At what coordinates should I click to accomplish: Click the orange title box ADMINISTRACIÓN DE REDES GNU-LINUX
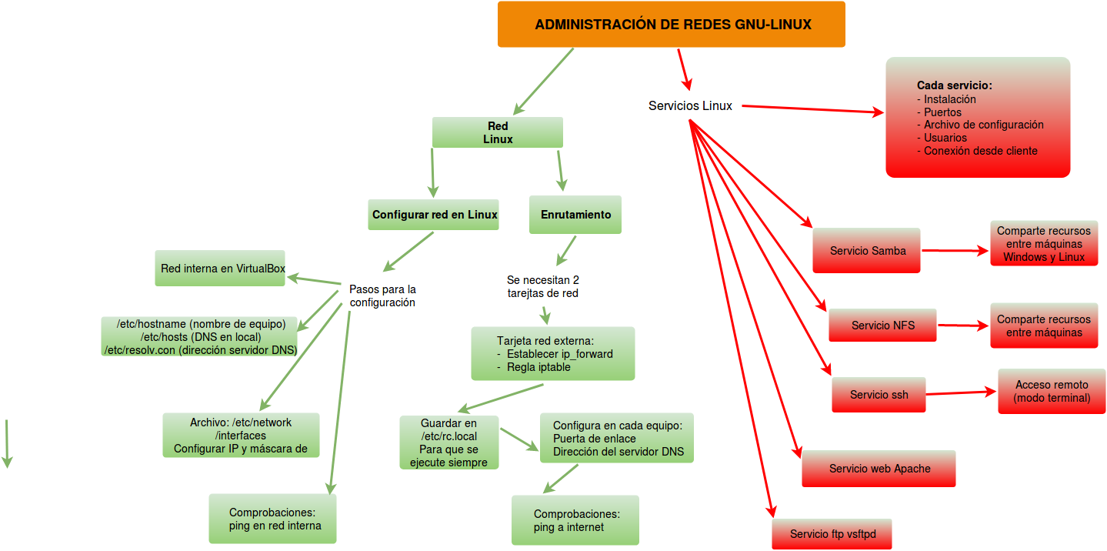click(671, 24)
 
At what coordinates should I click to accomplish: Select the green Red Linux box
click(497, 132)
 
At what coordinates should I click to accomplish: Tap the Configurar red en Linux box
click(434, 215)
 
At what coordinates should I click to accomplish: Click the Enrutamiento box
click(575, 215)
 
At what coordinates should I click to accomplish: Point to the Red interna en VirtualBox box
click(220, 269)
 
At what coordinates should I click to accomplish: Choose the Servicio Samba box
click(867, 251)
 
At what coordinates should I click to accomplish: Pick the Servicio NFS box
click(882, 326)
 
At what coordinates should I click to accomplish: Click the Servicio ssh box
click(879, 395)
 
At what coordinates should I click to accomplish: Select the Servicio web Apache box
click(879, 469)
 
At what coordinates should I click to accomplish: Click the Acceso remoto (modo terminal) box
click(1052, 391)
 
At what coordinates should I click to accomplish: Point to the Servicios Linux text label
click(690, 105)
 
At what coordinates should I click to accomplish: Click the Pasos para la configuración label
click(382, 296)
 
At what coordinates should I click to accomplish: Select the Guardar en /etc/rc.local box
click(448, 443)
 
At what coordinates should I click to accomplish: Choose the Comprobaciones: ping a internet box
click(575, 520)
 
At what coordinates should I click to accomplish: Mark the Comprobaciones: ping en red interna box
click(273, 519)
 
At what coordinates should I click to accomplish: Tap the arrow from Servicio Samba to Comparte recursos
click(955, 251)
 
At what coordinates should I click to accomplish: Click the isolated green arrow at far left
click(7, 444)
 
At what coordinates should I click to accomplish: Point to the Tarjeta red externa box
click(553, 354)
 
